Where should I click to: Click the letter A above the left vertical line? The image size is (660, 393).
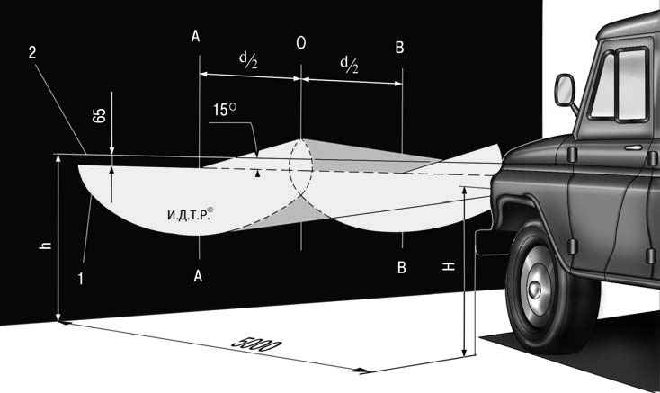point(195,37)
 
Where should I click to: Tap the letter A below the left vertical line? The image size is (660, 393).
point(198,276)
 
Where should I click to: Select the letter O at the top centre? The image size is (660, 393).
point(301,43)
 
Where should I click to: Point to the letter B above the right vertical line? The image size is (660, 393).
point(400,47)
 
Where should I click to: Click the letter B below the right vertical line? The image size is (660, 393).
point(402,267)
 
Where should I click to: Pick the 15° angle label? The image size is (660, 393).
point(225,110)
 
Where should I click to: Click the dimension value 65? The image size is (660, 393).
point(99,115)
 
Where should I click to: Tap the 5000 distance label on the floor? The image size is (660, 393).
point(256,344)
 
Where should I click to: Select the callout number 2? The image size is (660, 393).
point(32,52)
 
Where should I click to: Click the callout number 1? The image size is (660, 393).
point(80,279)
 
